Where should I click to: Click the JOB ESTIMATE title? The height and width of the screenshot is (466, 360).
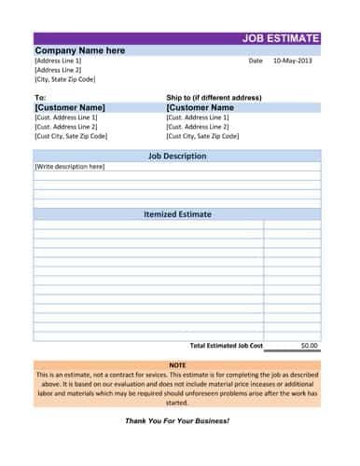click(x=280, y=38)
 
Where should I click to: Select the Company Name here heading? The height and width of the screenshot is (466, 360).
click(x=79, y=50)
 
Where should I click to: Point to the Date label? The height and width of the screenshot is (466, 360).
click(x=256, y=61)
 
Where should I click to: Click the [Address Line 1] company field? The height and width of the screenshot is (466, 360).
click(x=58, y=61)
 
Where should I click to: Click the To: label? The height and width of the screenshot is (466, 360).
click(x=40, y=97)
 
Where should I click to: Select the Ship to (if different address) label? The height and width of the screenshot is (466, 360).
click(x=214, y=97)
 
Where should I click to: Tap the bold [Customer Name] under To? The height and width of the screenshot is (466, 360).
click(x=70, y=107)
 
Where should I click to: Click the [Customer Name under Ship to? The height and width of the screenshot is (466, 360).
click(x=200, y=107)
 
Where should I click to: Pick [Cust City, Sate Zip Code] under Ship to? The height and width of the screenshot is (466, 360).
click(x=202, y=136)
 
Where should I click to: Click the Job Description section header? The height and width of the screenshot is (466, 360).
click(x=177, y=157)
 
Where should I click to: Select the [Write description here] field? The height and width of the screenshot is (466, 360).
click(x=70, y=167)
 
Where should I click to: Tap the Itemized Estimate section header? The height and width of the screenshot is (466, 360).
click(x=177, y=214)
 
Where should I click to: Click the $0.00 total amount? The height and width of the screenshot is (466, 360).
click(x=309, y=345)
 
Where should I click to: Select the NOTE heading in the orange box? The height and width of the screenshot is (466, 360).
click(x=177, y=364)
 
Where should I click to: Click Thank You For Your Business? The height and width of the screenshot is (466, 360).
click(x=177, y=421)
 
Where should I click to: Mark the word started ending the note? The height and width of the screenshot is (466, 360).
click(x=177, y=403)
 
